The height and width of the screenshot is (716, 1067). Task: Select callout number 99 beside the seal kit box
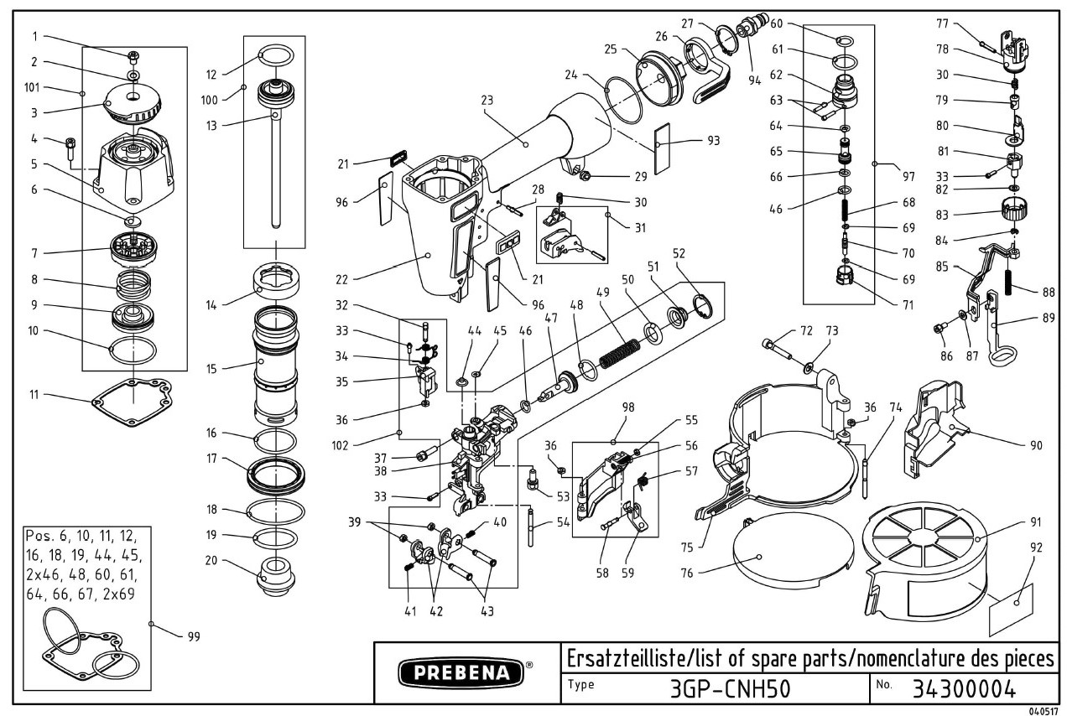[194, 636]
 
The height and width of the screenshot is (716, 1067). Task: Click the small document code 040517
[1044, 710]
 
